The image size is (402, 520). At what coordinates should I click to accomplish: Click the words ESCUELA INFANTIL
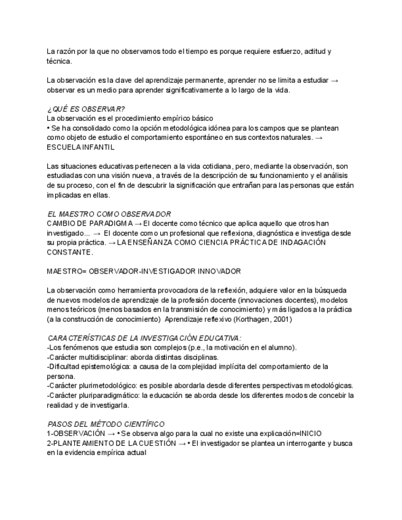tap(80, 147)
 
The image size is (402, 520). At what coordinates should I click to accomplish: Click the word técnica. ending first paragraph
tap(60, 61)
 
